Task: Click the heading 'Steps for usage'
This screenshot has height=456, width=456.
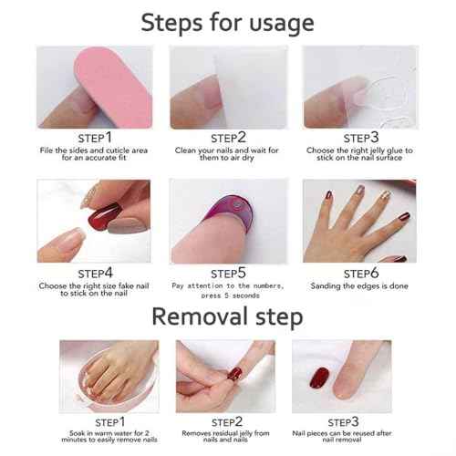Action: tap(228, 22)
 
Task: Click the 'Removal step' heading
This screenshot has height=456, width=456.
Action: tap(227, 316)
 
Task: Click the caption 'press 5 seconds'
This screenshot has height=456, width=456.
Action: tap(228, 295)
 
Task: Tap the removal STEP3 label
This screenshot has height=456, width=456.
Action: tap(343, 421)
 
